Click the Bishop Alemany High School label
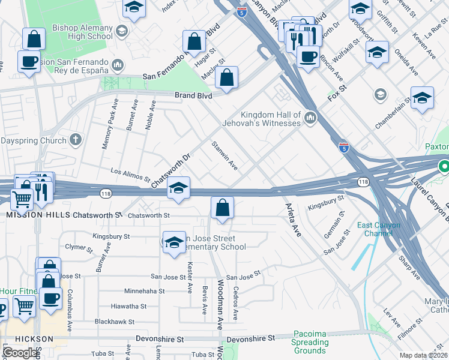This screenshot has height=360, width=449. (82, 32)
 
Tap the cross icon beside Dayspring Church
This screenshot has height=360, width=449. (74, 140)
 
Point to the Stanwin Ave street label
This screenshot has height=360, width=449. (224, 155)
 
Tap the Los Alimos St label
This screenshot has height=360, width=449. (130, 175)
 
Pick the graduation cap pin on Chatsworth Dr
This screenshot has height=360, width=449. (178, 188)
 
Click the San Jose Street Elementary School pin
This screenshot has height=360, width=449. (173, 242)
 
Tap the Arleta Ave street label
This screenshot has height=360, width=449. (292, 220)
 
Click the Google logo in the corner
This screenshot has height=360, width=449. (21, 352)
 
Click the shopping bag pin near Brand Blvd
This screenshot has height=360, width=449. (226, 77)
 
